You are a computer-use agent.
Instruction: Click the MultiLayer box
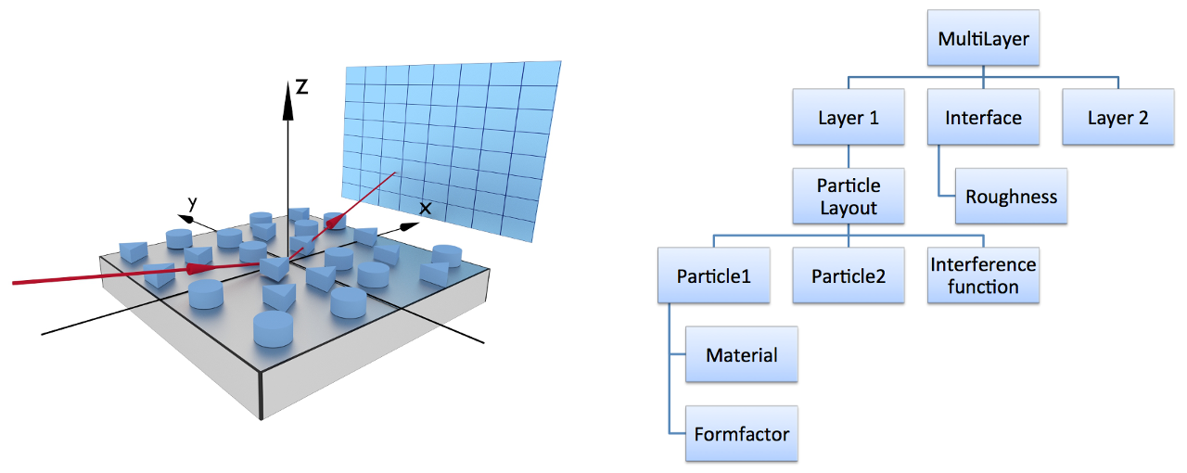[983, 38]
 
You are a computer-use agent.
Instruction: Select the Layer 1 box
[849, 117]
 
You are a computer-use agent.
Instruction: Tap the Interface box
[983, 117]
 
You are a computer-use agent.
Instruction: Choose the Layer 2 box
[1118, 117]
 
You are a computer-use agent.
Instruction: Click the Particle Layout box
[849, 197]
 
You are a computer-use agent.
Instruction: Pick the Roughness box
[1011, 197]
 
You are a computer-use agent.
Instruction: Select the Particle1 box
[714, 275]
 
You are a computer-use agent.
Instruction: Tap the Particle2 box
[849, 275]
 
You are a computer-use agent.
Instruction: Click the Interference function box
[983, 275]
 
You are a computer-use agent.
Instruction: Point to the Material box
[741, 354]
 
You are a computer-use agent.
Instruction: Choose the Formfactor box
[741, 434]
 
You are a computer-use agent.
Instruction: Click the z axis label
[302, 86]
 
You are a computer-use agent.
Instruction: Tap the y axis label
[192, 203]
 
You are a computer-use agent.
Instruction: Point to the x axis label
[425, 209]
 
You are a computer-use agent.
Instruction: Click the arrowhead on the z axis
[287, 101]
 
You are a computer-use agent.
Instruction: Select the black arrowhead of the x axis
[409, 226]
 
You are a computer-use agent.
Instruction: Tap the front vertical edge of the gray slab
[261, 395]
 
